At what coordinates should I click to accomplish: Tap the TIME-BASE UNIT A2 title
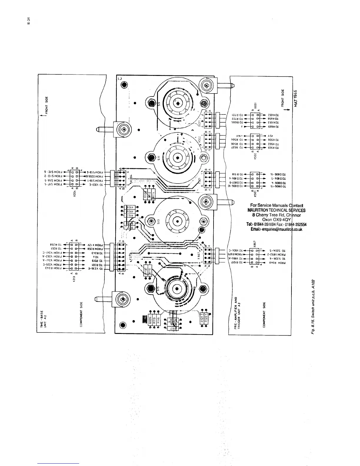point(44,319)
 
